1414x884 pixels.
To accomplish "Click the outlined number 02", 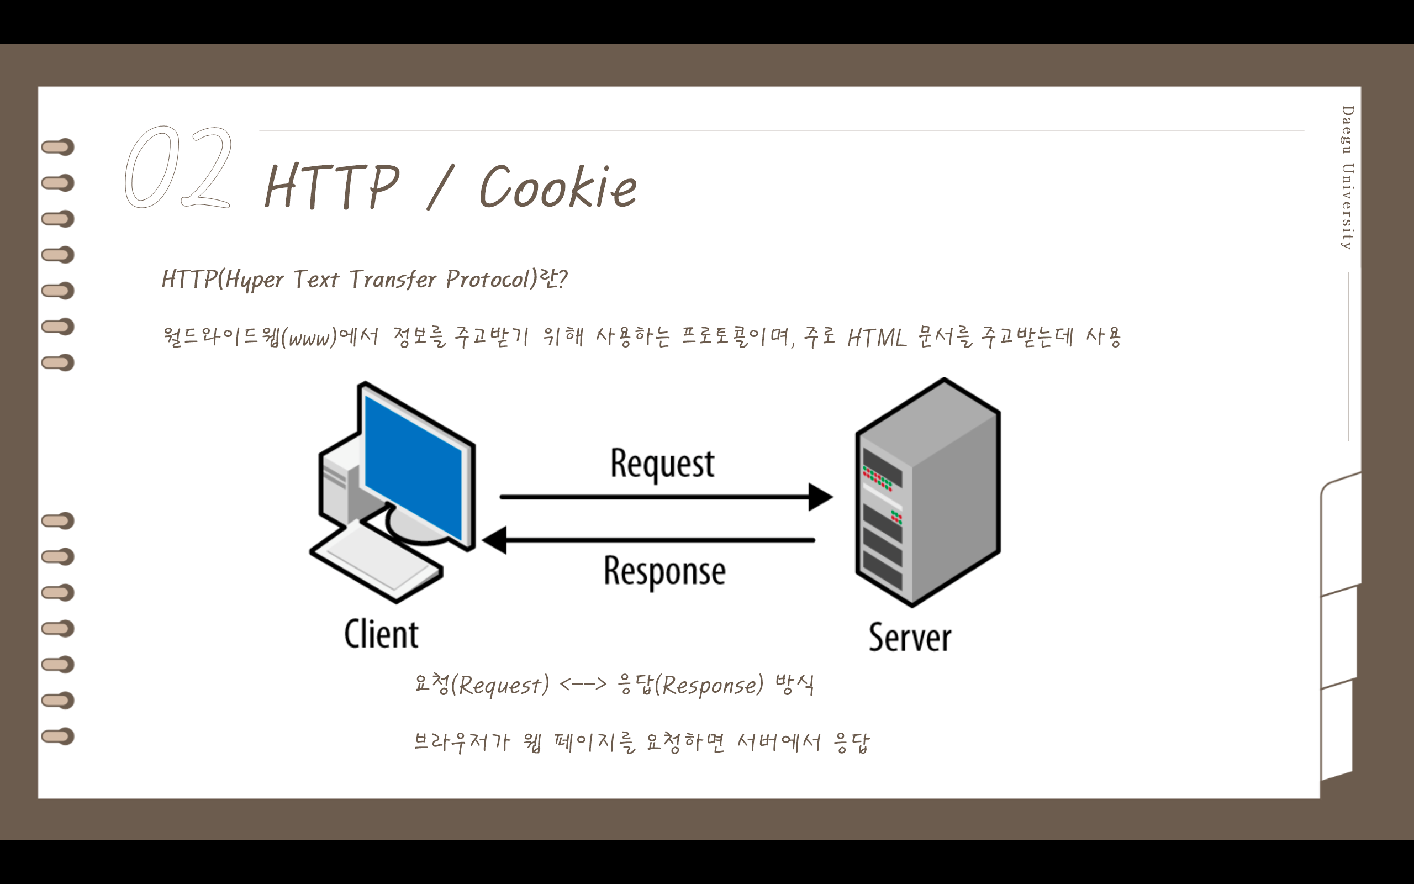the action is tap(178, 168).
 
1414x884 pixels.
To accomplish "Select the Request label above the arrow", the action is tap(662, 464).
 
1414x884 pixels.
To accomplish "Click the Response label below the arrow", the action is tap(664, 571).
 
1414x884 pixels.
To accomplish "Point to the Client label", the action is tap(381, 634).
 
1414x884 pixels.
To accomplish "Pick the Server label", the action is tap(910, 637).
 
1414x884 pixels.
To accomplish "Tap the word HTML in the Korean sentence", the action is tap(877, 338).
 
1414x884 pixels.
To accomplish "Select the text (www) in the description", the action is tap(309, 338).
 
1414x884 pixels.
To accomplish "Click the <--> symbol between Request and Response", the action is tap(583, 684).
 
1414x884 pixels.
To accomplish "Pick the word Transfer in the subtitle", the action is tap(393, 280).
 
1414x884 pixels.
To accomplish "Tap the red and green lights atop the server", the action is tap(878, 478).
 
